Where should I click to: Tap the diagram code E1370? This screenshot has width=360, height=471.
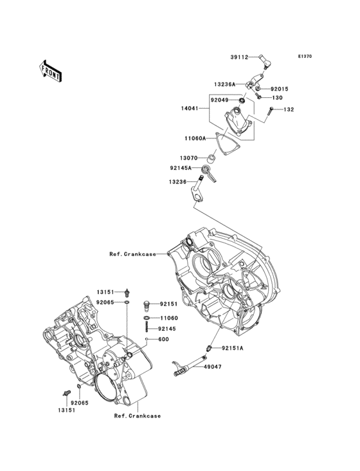[304, 57]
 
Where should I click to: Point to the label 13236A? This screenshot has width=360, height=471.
[225, 84]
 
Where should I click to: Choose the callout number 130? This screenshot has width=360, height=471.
[277, 98]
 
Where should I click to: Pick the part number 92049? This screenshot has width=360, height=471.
[219, 100]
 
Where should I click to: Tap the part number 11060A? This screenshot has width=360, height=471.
[195, 138]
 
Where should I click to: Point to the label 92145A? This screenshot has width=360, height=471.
[182, 168]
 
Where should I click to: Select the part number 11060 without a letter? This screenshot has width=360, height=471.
[168, 318]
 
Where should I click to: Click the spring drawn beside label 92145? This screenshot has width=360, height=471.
[148, 329]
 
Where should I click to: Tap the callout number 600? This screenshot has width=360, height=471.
[163, 339]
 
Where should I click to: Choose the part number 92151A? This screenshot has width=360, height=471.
[233, 348]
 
